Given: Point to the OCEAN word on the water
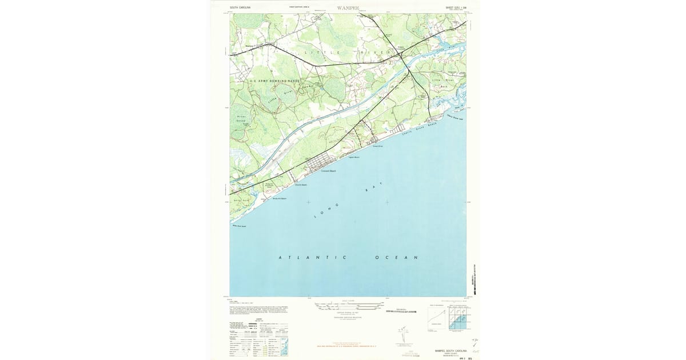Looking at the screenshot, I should [396, 258].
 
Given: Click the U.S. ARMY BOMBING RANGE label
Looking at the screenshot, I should [274, 81].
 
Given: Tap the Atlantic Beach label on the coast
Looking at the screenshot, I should [301, 185].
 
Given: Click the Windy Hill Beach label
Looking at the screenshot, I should [280, 198].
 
